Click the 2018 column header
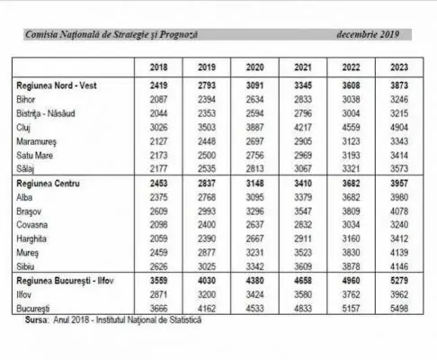point(158,67)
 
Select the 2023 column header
point(399,67)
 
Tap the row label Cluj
point(23,128)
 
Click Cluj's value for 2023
point(399,128)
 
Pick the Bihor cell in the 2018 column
point(158,100)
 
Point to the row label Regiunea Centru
point(48,184)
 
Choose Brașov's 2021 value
point(303,211)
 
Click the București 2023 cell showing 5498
point(399,309)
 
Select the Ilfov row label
point(23,294)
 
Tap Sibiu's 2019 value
point(207,266)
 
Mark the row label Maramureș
point(36,142)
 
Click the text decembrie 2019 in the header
point(368,34)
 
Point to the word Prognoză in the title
point(178,35)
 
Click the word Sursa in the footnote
point(36,320)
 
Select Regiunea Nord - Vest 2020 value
point(254,85)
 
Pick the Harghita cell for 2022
point(351,238)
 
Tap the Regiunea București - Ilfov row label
point(65,281)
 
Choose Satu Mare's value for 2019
point(207,156)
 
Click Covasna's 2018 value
point(158,225)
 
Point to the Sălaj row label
point(25,169)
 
